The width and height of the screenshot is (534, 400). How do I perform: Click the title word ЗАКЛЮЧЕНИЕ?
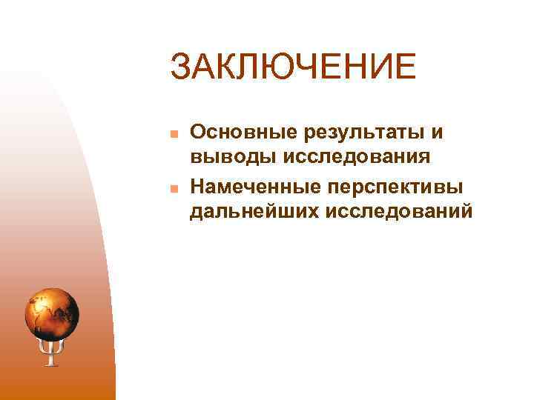pos(292,67)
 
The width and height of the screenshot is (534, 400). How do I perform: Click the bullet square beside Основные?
pos(171,134)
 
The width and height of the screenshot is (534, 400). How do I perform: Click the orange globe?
pos(52,312)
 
